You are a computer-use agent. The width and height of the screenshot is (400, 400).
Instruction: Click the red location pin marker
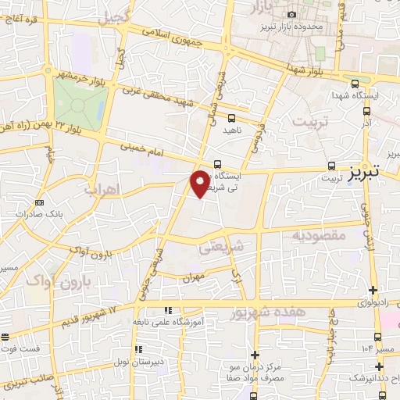point(200,183)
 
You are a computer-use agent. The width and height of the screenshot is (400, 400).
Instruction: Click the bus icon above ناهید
point(230,118)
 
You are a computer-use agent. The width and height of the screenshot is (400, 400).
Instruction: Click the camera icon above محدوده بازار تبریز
point(292,14)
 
